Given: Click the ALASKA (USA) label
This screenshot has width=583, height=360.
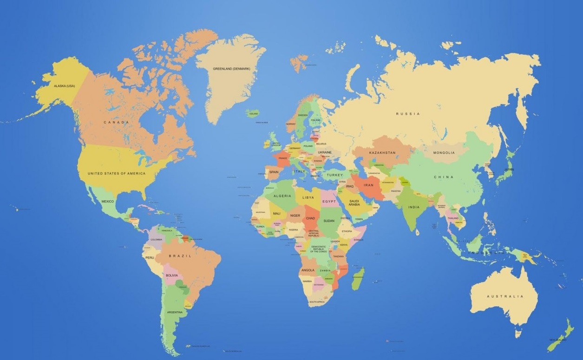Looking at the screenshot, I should [x=64, y=86].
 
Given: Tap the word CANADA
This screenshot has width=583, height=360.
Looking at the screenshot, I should [x=116, y=122].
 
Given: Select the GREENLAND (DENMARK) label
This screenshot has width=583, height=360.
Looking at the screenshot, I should [x=231, y=69].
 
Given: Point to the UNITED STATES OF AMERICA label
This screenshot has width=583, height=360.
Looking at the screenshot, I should [x=117, y=173].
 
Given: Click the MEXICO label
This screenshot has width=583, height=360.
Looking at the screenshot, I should [x=107, y=201].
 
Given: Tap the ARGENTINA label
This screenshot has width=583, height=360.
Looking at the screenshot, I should [x=175, y=312].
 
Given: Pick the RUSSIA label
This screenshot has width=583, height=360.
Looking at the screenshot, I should [x=408, y=113].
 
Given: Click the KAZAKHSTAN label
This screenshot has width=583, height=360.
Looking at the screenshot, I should [x=382, y=152].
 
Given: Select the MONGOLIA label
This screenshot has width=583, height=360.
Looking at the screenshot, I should [x=444, y=152].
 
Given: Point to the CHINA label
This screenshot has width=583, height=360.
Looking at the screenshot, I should [x=444, y=177].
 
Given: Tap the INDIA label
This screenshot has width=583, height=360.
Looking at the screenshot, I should [x=414, y=207].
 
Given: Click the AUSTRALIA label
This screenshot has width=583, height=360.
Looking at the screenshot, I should [x=505, y=296].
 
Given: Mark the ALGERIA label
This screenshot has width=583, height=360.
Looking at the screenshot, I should [x=282, y=196].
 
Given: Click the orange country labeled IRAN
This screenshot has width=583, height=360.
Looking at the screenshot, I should [x=368, y=185].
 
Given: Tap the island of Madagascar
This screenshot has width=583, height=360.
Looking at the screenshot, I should [x=358, y=278].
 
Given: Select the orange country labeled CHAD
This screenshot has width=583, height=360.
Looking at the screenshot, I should [x=310, y=218].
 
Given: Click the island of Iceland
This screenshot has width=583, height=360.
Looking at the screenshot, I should [x=254, y=113].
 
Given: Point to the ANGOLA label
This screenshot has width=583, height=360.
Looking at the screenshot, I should [x=308, y=270].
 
